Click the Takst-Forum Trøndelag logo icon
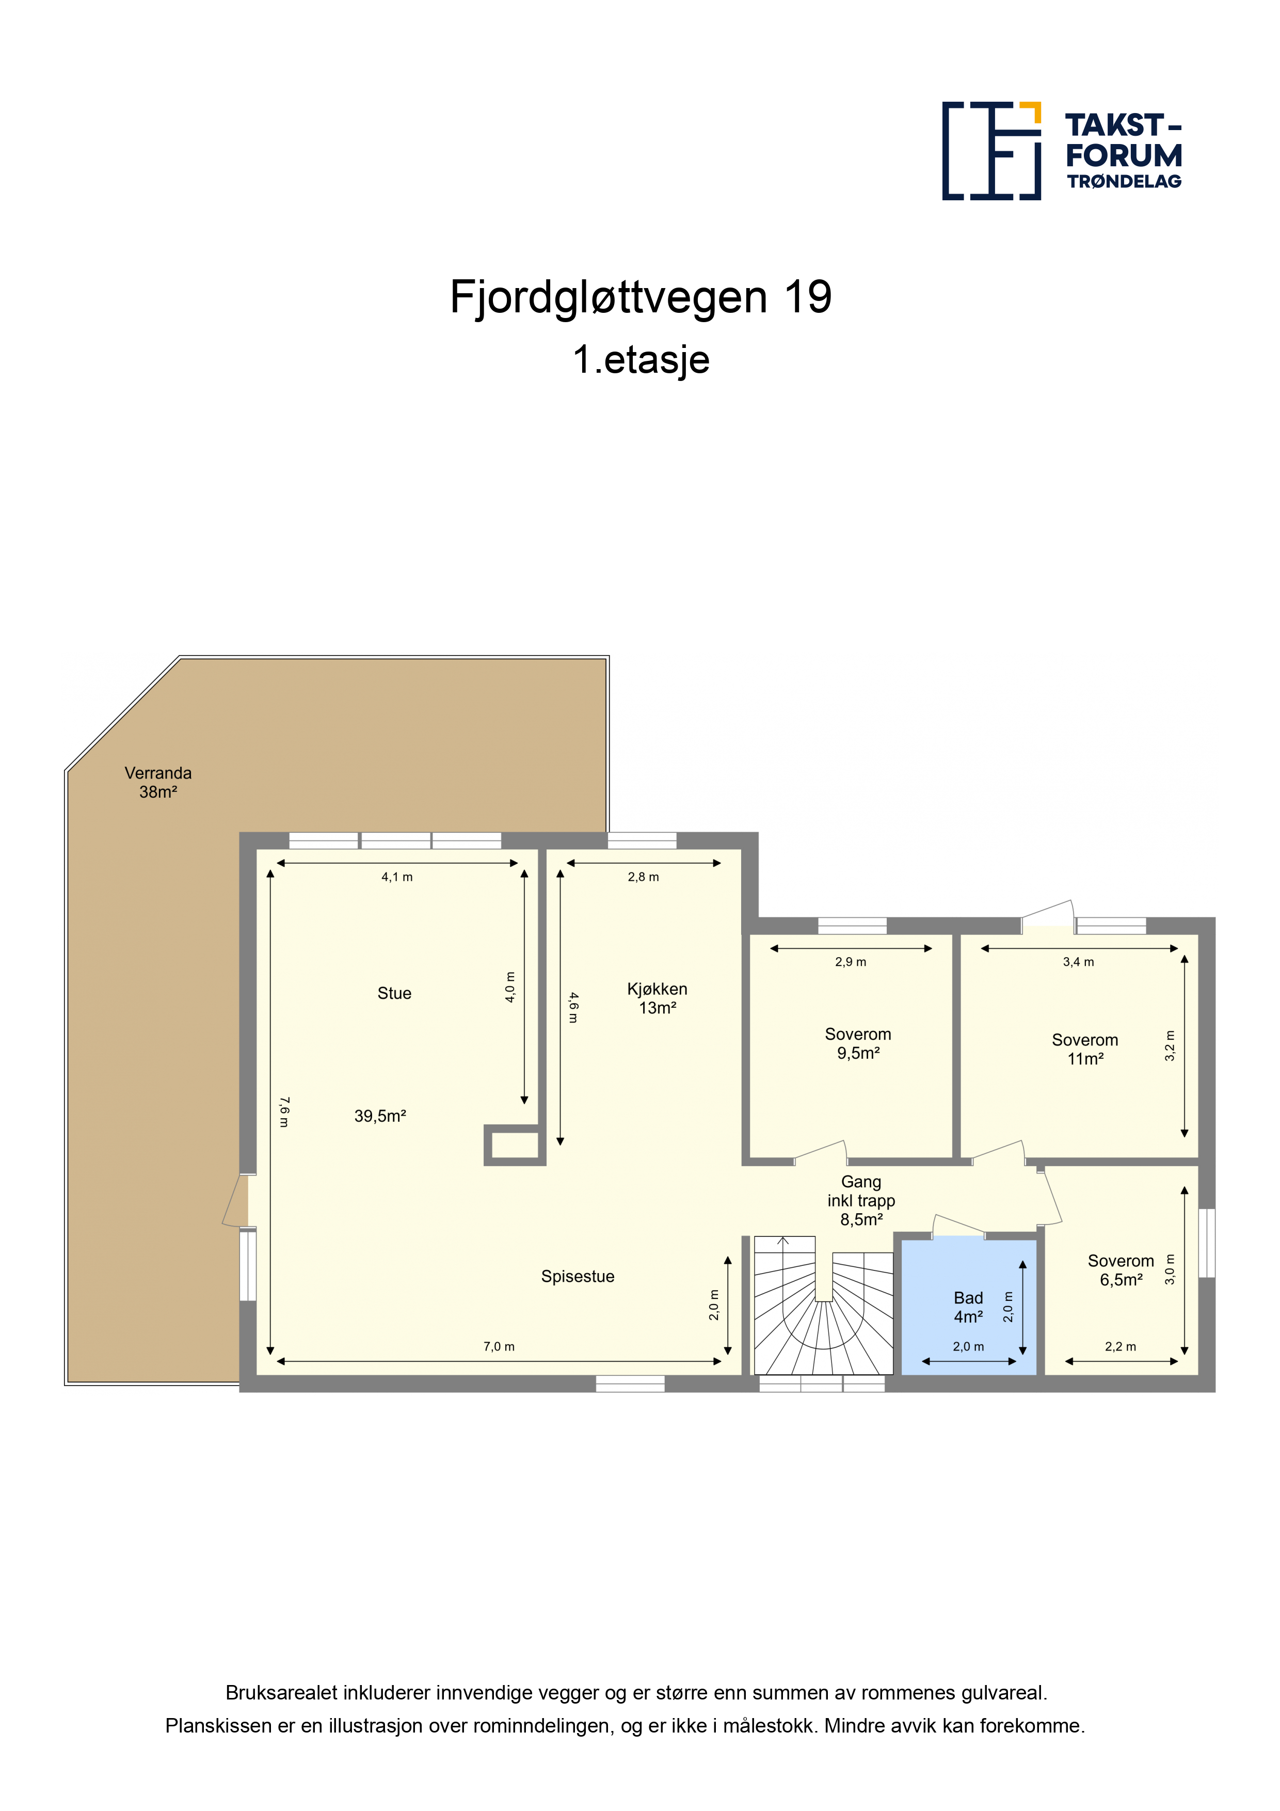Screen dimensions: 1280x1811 [x=991, y=151]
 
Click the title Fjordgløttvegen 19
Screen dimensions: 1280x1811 [x=641, y=297]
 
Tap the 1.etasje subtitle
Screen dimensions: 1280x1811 [x=641, y=360]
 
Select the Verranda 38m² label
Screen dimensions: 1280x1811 [x=158, y=783]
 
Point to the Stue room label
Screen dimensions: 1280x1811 [x=394, y=993]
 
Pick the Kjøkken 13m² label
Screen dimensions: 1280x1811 [x=657, y=998]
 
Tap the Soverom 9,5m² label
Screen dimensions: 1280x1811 [x=858, y=1043]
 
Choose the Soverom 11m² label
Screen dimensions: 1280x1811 [x=1085, y=1049]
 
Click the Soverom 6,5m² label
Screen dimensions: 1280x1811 [x=1121, y=1270]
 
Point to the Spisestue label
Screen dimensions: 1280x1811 [x=578, y=1276]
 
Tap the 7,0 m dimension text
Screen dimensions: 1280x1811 [x=499, y=1346]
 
